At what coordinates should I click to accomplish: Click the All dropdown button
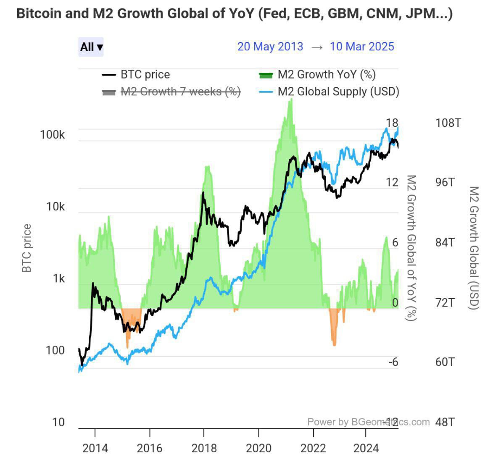click(x=91, y=47)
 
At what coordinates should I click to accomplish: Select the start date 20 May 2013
click(x=270, y=47)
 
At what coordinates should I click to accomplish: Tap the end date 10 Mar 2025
click(x=362, y=47)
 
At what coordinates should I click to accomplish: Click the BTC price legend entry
click(x=136, y=74)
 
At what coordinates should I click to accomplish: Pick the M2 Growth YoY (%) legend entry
click(x=317, y=74)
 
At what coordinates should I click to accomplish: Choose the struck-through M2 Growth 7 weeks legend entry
click(x=171, y=92)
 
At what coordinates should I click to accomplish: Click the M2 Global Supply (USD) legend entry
click(x=329, y=92)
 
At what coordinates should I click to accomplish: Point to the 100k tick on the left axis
click(x=52, y=134)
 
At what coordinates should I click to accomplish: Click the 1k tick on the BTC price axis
click(x=58, y=278)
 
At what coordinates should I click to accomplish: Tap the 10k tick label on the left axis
click(x=55, y=207)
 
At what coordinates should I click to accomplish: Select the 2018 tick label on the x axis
click(x=204, y=448)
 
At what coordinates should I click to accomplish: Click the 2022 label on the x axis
click(x=313, y=448)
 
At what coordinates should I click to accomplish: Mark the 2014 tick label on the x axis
click(x=95, y=448)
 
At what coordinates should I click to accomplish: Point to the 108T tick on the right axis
click(x=448, y=123)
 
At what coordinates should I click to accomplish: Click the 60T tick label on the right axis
click(x=445, y=362)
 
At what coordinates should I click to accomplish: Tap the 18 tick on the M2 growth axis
click(x=392, y=123)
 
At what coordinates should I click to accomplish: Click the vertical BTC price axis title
click(x=27, y=248)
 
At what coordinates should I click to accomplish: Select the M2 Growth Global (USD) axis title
click(x=474, y=248)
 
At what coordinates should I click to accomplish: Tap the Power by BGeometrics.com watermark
click(x=369, y=422)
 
